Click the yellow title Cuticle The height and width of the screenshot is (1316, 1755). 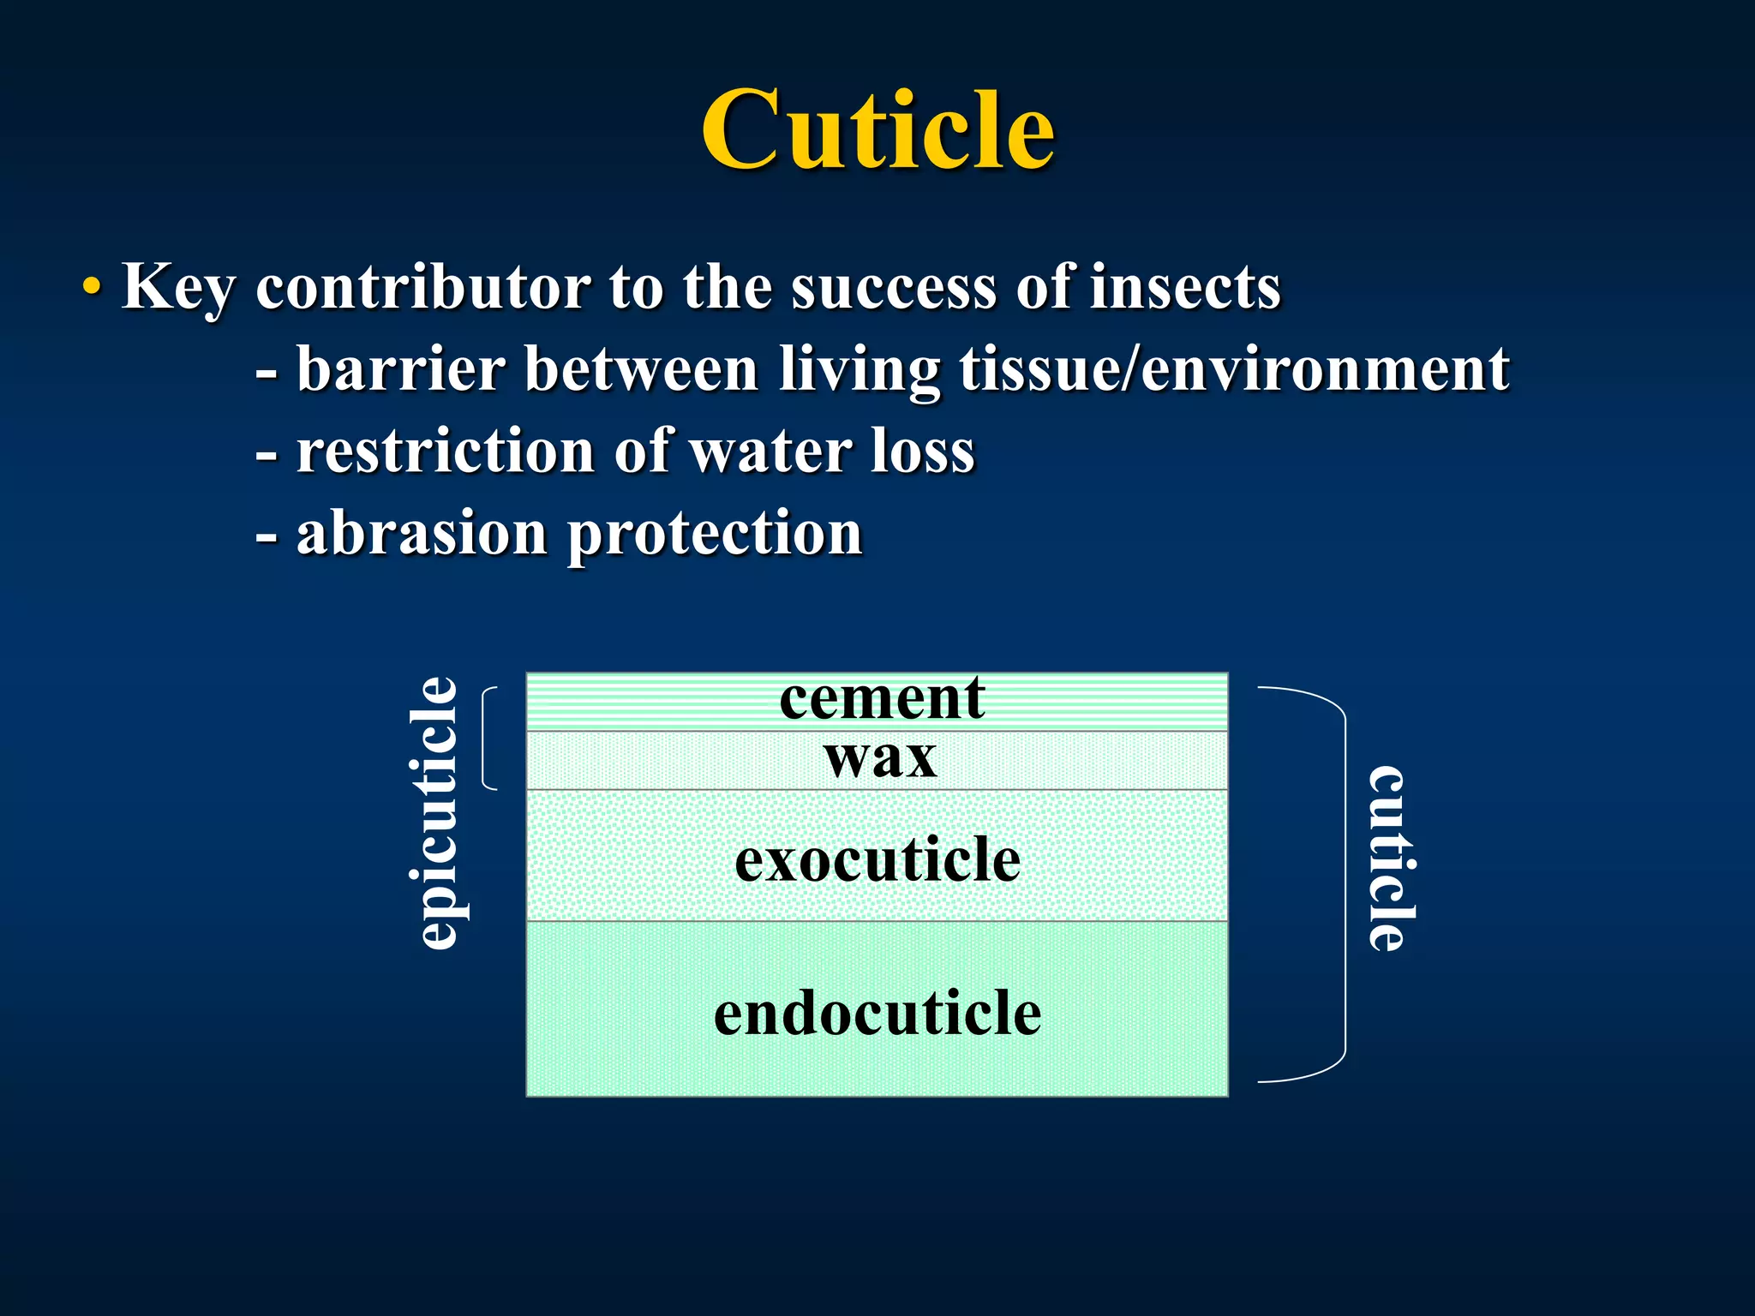coord(877,130)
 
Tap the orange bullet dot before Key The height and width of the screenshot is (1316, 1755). coord(92,288)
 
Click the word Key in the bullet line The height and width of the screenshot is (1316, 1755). coord(177,288)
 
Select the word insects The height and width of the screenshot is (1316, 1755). coord(1185,286)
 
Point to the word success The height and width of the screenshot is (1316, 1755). coord(894,288)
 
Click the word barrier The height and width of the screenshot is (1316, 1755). coord(400,369)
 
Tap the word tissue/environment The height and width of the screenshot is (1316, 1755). coord(1234,369)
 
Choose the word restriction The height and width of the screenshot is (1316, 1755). coord(445,452)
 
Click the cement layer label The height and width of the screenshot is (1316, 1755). coord(882,698)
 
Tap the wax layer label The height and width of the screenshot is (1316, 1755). coord(880,758)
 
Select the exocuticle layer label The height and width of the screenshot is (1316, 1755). coord(877,859)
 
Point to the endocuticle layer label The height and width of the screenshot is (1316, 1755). coord(877,1014)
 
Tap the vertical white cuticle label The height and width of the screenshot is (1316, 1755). coord(1388,859)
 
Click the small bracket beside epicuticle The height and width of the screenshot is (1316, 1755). coord(488,738)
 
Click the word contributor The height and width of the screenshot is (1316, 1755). coord(423,286)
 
